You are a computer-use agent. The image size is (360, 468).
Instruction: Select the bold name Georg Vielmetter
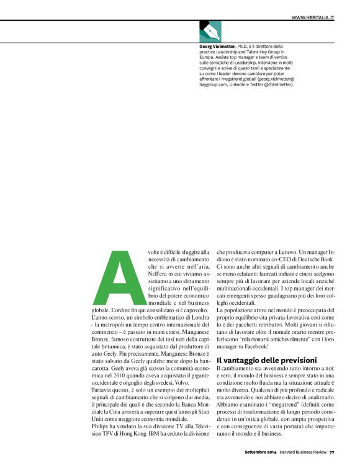point(217,46)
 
